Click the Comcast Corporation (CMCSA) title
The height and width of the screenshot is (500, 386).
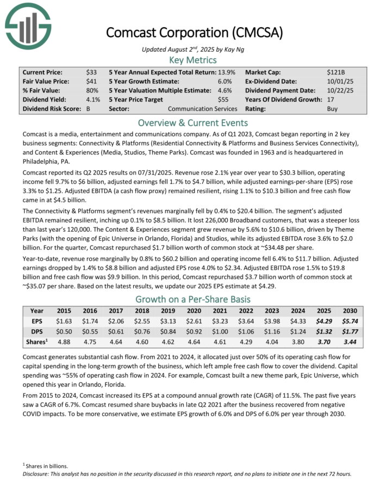195,32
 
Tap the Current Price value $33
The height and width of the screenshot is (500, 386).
91,72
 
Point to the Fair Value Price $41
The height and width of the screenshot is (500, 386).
91,81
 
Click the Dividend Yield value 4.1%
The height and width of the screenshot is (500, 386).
93,100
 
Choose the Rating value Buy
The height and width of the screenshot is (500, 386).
332,109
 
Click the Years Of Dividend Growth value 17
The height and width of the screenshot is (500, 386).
331,100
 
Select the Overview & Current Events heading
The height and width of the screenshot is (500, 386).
192,122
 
